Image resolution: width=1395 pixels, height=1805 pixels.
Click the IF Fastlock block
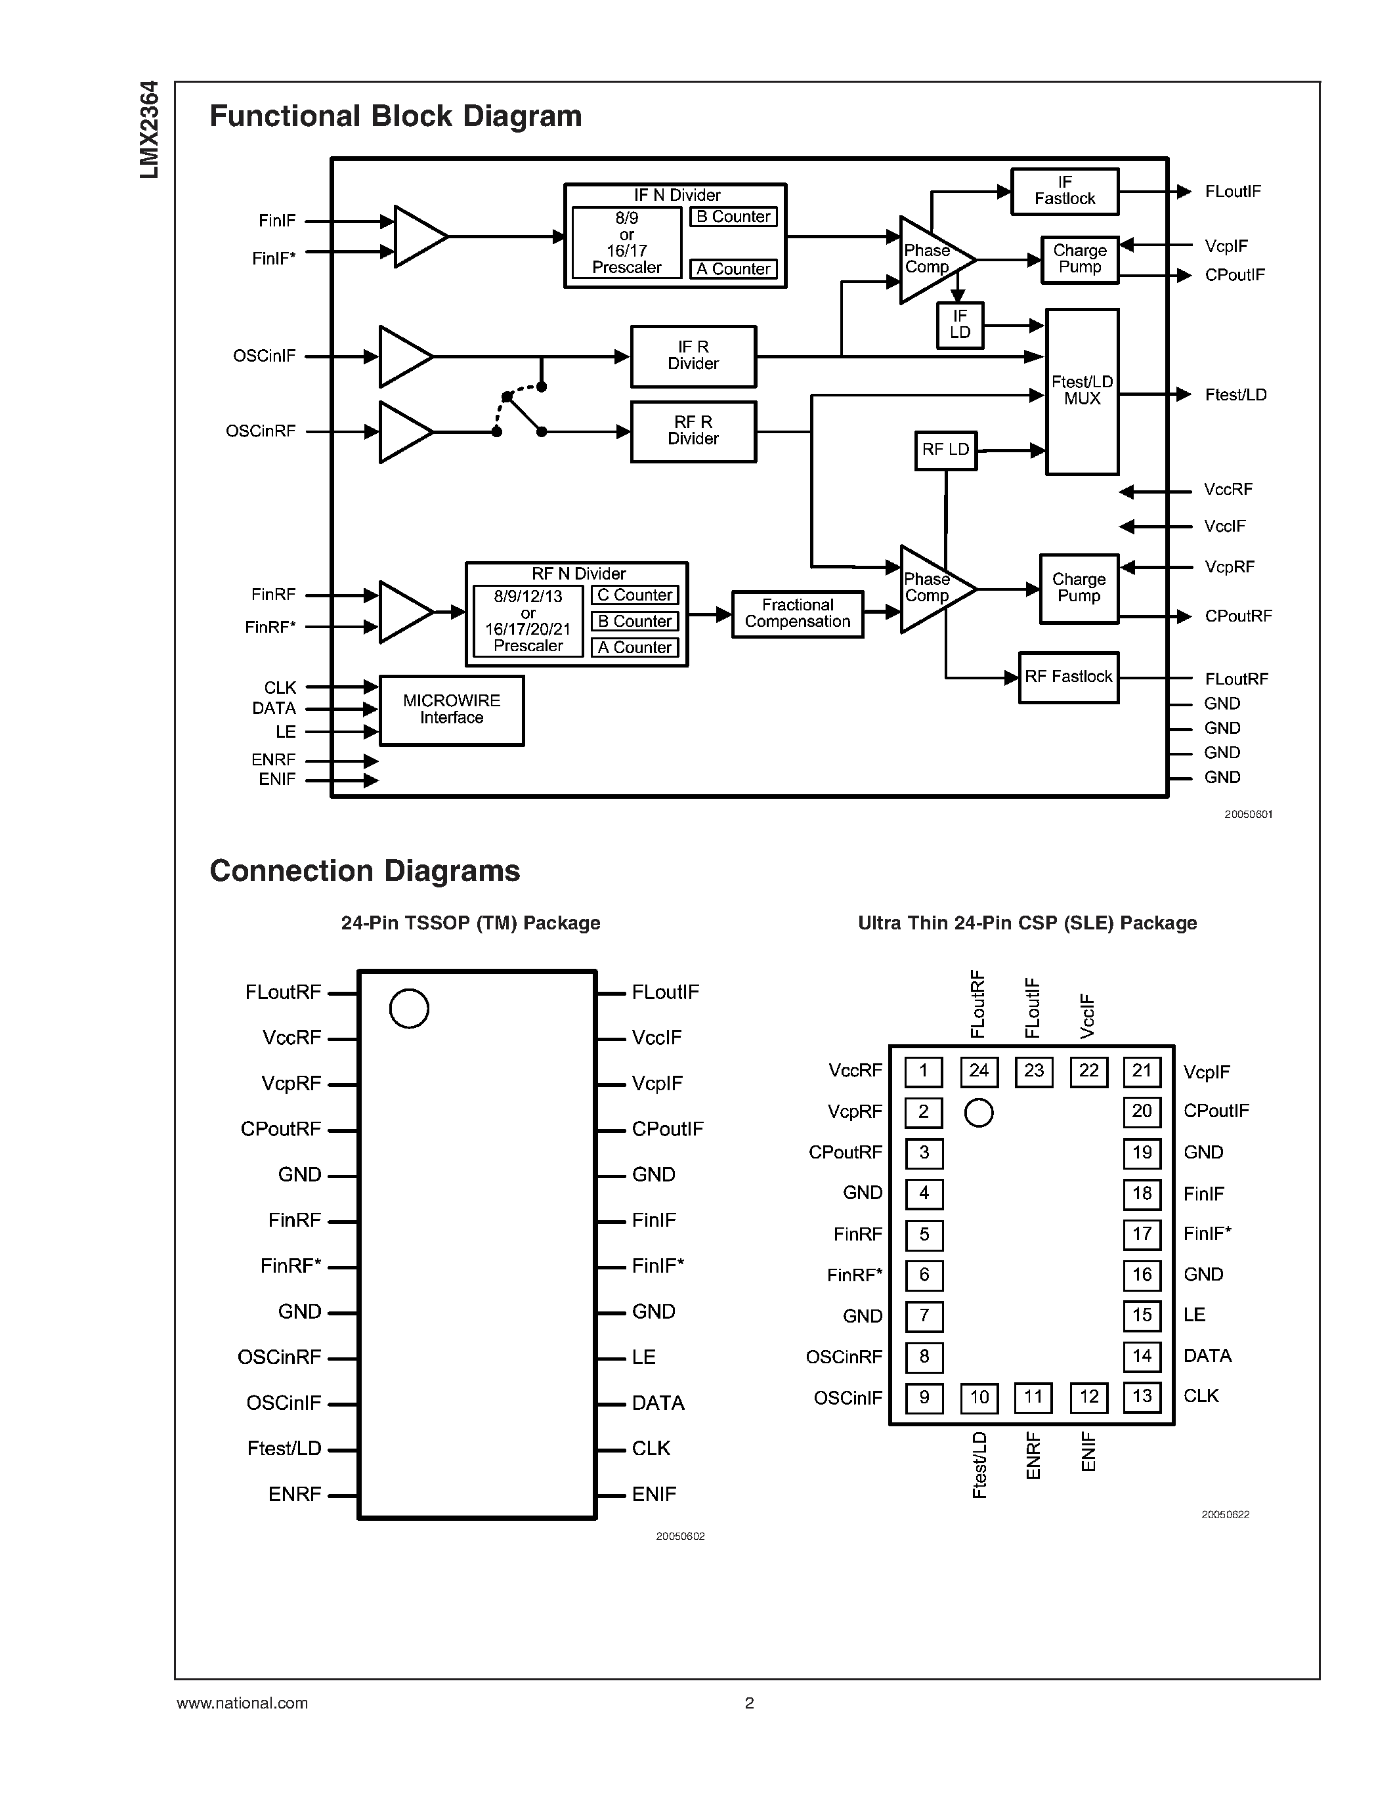(x=1064, y=191)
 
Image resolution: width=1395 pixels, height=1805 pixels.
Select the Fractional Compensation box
(x=798, y=613)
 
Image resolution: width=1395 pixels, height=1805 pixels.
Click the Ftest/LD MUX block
(x=1082, y=391)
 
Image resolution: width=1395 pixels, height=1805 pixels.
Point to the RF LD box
(x=945, y=450)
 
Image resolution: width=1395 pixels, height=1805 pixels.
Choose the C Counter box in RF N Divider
(x=635, y=595)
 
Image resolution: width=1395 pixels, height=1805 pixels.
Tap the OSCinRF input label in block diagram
(x=261, y=431)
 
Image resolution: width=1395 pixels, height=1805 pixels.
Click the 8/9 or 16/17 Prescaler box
(x=626, y=243)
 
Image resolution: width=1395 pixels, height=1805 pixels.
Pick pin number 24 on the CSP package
(x=979, y=1071)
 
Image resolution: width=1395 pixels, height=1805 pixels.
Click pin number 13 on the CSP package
(x=1142, y=1396)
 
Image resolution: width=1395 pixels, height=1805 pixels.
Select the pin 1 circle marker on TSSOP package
(x=409, y=1008)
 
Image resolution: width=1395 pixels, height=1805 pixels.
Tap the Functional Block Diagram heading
(x=395, y=116)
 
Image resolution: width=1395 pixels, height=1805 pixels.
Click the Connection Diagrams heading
(x=364, y=870)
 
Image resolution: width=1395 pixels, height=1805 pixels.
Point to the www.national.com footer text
(x=242, y=1703)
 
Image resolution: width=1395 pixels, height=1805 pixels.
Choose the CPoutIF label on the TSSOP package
(x=667, y=1129)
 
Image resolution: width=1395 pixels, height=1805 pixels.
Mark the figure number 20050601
(x=1248, y=814)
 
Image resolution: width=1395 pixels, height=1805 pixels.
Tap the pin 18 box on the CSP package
(x=1142, y=1193)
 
